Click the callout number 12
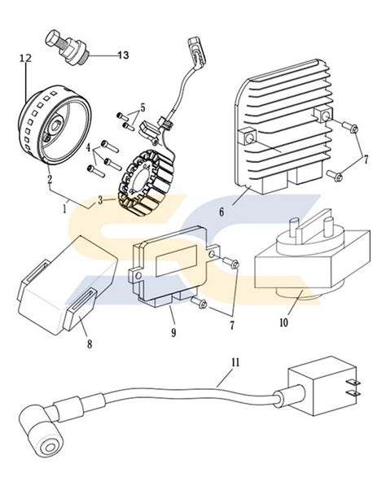[24, 58]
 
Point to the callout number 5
[143, 107]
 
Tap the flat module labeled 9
[174, 273]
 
